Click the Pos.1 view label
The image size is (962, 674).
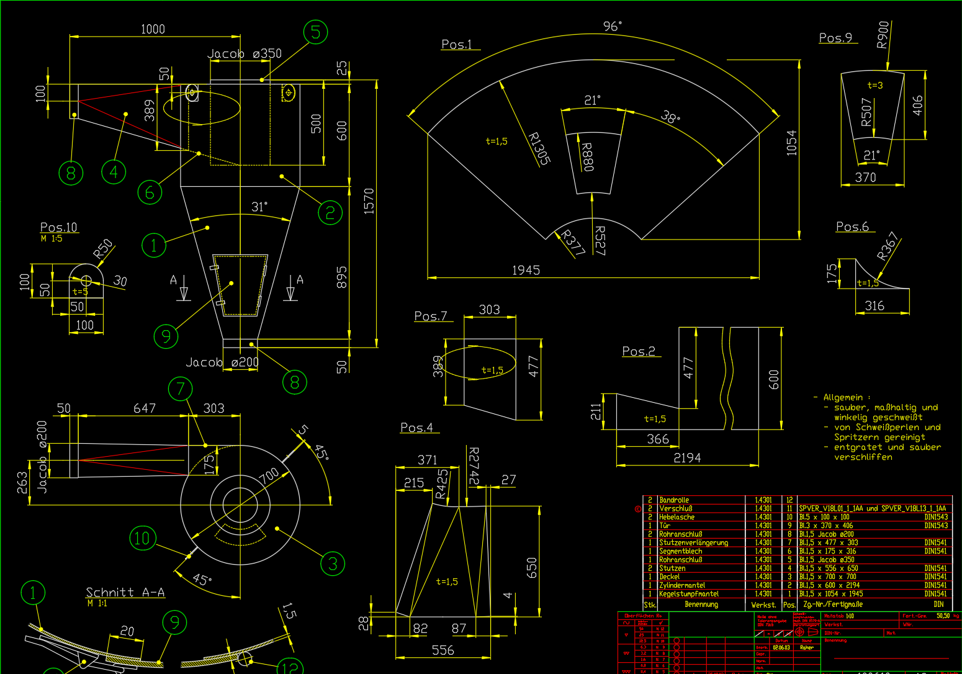click(x=456, y=45)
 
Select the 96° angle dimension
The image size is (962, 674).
click(x=612, y=26)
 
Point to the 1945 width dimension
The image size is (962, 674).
click(x=526, y=270)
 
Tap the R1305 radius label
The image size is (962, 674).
click(x=539, y=148)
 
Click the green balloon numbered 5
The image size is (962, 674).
click(x=315, y=32)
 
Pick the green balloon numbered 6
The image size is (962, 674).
click(x=150, y=192)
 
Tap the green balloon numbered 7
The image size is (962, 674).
click(x=180, y=389)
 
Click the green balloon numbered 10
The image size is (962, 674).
click(x=142, y=538)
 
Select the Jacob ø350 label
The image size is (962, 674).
click(x=245, y=54)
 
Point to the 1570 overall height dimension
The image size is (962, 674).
click(x=369, y=201)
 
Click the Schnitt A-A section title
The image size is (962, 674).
click(x=125, y=592)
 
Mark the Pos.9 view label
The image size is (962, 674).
click(x=835, y=38)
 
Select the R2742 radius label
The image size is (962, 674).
click(x=474, y=466)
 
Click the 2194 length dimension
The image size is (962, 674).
click(x=687, y=458)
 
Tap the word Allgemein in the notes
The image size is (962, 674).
click(x=843, y=397)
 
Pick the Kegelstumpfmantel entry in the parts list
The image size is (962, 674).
click(x=688, y=594)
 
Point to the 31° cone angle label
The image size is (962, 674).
click(x=259, y=207)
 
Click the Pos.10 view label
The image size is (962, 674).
click(x=58, y=227)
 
